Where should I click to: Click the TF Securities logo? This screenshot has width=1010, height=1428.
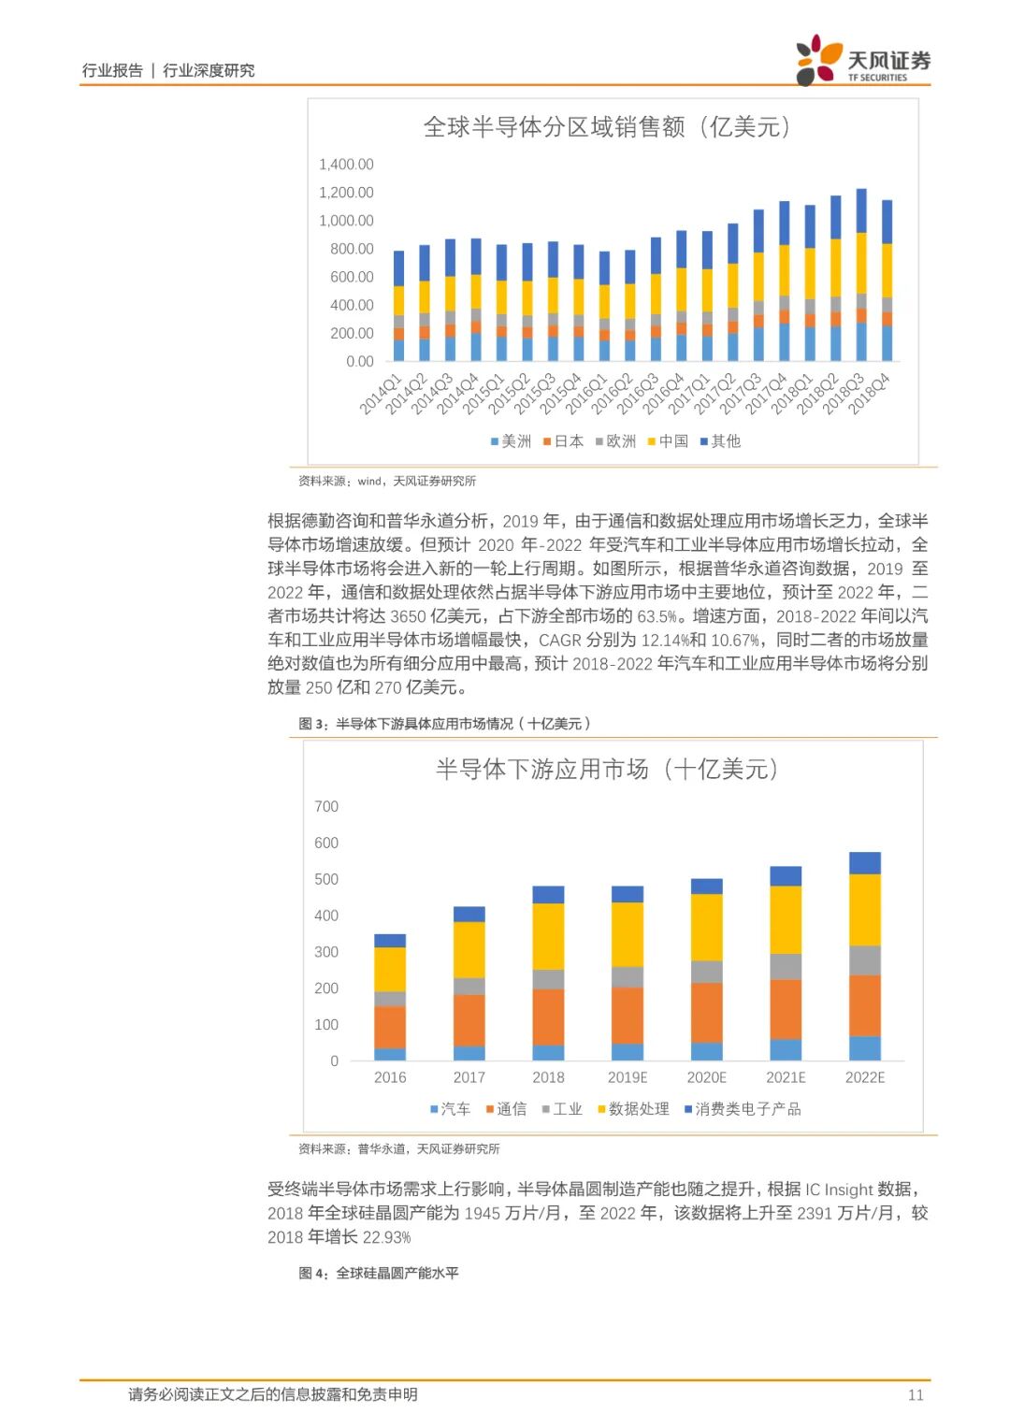point(862,62)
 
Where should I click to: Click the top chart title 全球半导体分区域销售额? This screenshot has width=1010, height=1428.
point(606,127)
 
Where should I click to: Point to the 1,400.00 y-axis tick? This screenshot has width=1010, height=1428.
point(346,165)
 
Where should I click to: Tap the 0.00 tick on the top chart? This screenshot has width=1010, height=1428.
point(359,361)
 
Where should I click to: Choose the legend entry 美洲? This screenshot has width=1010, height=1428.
point(511,441)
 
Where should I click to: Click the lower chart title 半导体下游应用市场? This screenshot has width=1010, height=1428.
point(606,770)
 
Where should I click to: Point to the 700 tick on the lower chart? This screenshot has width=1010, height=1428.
point(326,806)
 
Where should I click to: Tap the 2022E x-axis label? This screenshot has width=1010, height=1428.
point(864,1077)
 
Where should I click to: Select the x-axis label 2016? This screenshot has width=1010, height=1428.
point(390,1077)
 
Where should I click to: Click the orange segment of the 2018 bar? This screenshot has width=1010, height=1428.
point(548,1017)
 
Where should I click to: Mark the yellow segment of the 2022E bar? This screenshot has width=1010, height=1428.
point(864,910)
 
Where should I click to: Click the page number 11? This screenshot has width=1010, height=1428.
point(916,1394)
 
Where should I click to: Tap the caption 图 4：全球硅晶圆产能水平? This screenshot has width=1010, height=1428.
point(379,1273)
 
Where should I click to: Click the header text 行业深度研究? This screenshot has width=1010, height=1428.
point(209,70)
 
